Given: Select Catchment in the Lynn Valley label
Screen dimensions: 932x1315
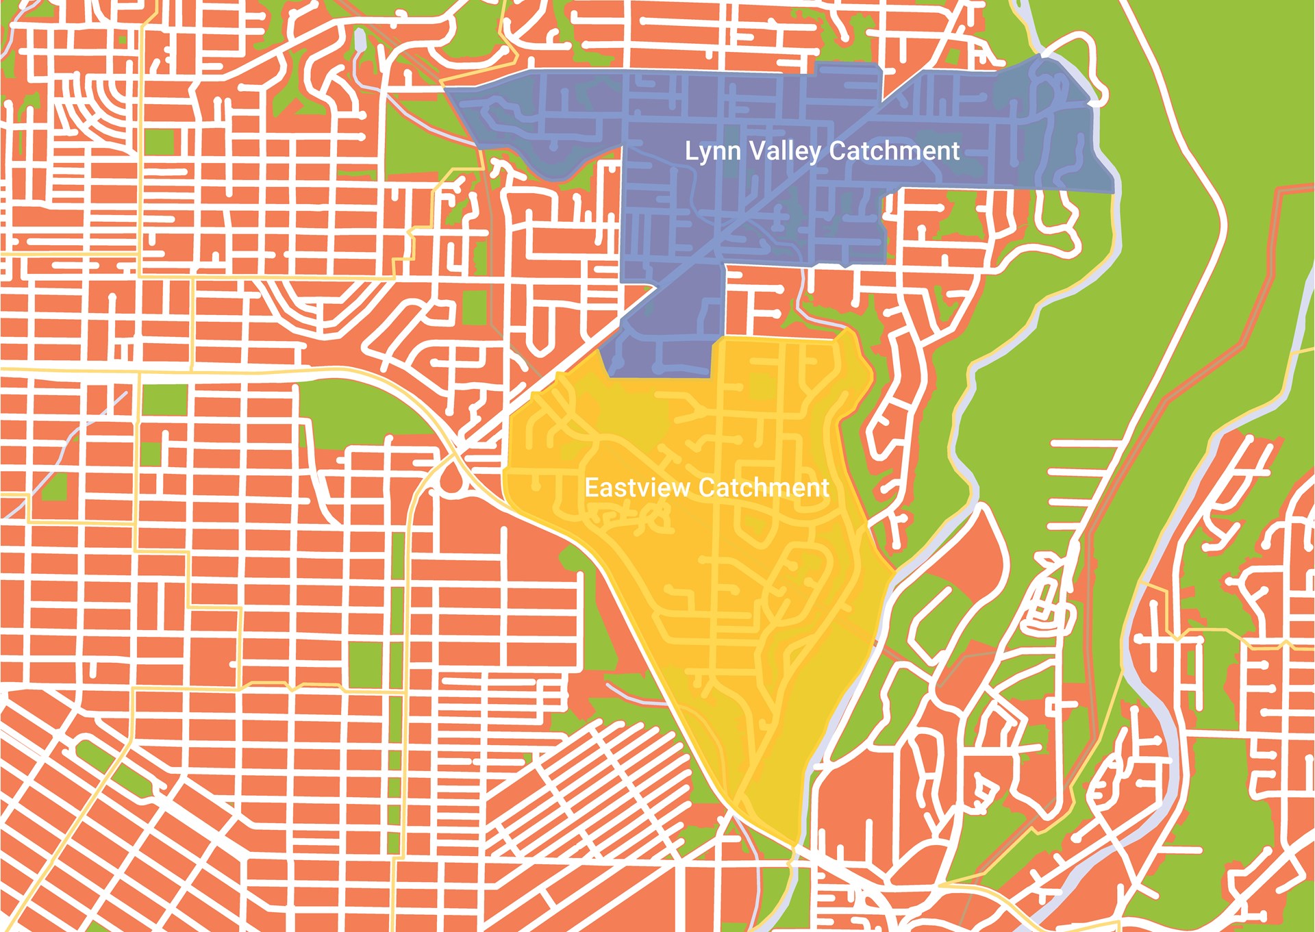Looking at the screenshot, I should point(894,151).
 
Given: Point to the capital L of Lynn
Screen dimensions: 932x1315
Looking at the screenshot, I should point(690,151).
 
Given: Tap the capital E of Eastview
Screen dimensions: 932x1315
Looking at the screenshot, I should point(590,488).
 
